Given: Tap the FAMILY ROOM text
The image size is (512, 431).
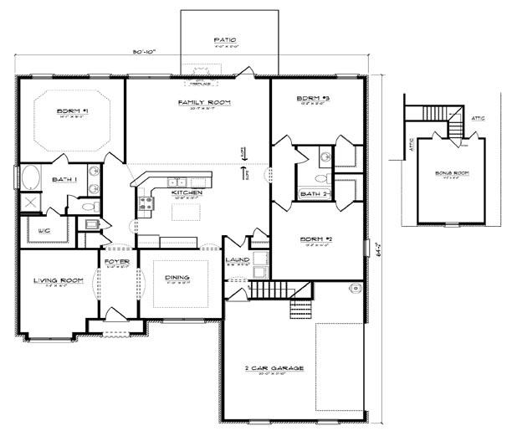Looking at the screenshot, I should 203,102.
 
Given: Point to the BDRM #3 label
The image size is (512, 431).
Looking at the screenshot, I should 314,100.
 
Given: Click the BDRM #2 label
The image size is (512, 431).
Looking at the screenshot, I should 317,239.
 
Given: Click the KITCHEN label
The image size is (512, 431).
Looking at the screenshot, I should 187,192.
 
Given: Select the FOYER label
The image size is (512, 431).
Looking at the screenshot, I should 115,261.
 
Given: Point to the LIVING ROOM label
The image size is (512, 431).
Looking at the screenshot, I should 58,280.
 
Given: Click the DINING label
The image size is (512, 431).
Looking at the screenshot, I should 177,278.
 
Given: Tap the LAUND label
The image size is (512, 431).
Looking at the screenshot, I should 238,260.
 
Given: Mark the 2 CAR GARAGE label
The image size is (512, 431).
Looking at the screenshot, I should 274,368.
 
